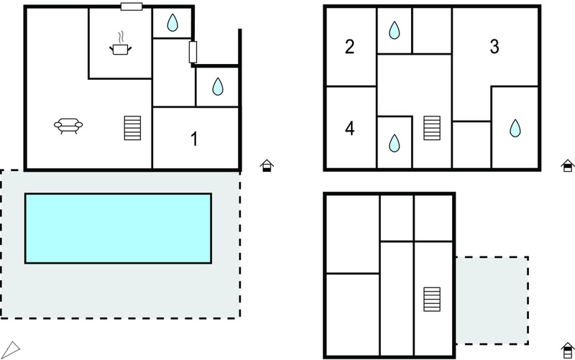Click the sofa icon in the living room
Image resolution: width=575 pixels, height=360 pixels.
(x=68, y=126)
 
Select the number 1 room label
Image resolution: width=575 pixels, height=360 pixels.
(x=194, y=139)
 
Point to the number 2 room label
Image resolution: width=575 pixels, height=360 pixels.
(x=349, y=47)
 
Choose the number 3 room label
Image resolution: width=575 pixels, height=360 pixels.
(x=494, y=47)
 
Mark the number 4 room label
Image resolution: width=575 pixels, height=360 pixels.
(x=349, y=129)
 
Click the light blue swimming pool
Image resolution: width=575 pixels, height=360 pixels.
(x=118, y=228)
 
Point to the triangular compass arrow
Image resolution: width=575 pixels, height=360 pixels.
(x=10, y=350)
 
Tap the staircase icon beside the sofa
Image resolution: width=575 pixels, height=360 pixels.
(x=132, y=128)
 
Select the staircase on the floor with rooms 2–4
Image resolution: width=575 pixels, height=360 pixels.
(x=432, y=128)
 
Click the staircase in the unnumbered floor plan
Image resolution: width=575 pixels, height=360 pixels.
(x=432, y=299)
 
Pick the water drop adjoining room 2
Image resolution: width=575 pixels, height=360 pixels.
(x=394, y=30)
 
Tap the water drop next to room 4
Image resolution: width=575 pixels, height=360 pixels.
(x=394, y=143)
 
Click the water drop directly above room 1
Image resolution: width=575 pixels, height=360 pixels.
(x=218, y=86)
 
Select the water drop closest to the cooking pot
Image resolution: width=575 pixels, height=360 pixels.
(x=172, y=23)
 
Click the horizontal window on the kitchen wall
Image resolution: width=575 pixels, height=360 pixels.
(x=132, y=6)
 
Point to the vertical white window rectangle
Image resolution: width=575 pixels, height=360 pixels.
(x=193, y=52)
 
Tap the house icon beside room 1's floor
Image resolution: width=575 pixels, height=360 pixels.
(x=267, y=166)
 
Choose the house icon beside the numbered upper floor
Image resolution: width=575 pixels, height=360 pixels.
(x=568, y=166)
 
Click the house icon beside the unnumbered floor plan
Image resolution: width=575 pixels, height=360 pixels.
(x=568, y=351)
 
